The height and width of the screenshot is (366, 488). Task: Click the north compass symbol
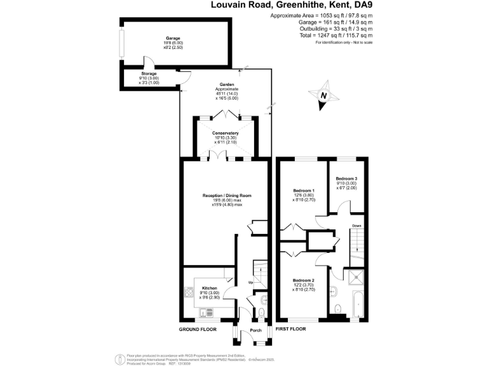(x=323, y=96)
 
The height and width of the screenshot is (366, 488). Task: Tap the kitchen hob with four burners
(x=189, y=293)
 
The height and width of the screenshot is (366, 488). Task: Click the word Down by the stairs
(x=357, y=226)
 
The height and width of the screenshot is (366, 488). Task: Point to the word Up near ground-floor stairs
(x=250, y=282)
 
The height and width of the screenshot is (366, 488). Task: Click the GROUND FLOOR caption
(x=198, y=330)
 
